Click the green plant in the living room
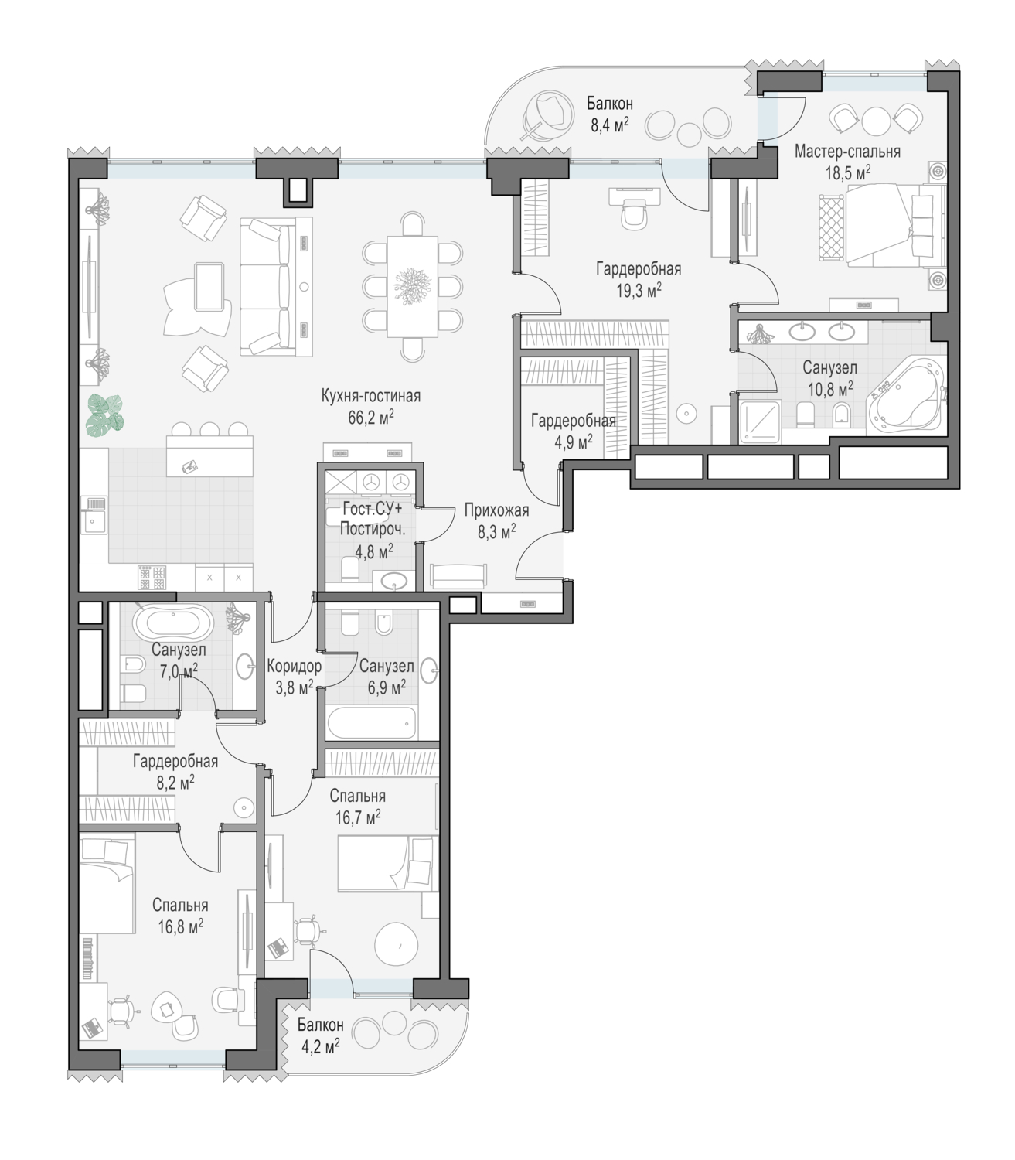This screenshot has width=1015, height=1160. (x=106, y=412)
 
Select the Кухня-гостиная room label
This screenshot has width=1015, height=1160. (x=370, y=396)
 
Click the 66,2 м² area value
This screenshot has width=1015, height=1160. (x=370, y=418)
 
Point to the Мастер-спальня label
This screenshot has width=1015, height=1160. (x=846, y=152)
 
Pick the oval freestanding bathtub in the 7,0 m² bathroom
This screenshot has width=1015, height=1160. (x=173, y=621)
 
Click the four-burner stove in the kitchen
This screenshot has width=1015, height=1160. (x=152, y=578)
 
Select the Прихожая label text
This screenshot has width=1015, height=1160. (x=496, y=511)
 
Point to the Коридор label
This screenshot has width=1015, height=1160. (x=294, y=666)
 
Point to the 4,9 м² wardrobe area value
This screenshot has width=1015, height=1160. (x=574, y=442)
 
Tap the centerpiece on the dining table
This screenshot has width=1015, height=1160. (x=413, y=286)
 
